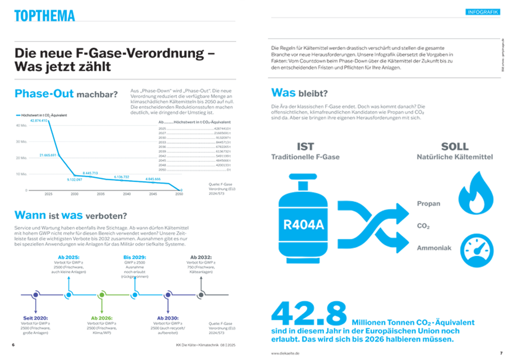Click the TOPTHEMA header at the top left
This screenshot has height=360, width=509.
click(45, 16)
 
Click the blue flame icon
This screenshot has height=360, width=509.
click(476, 193)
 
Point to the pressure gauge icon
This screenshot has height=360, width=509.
click(476, 250)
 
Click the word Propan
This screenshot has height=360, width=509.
click(428, 204)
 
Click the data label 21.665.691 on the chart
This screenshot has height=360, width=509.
click(51, 155)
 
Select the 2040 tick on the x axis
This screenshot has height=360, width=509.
click(127, 194)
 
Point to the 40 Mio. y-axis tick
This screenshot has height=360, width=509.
click(21, 125)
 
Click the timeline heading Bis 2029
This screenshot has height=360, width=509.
click(134, 257)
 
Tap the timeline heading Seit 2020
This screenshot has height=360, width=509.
click(35, 318)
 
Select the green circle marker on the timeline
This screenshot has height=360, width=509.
click(102, 295)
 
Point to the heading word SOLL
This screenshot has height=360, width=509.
click(454, 147)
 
